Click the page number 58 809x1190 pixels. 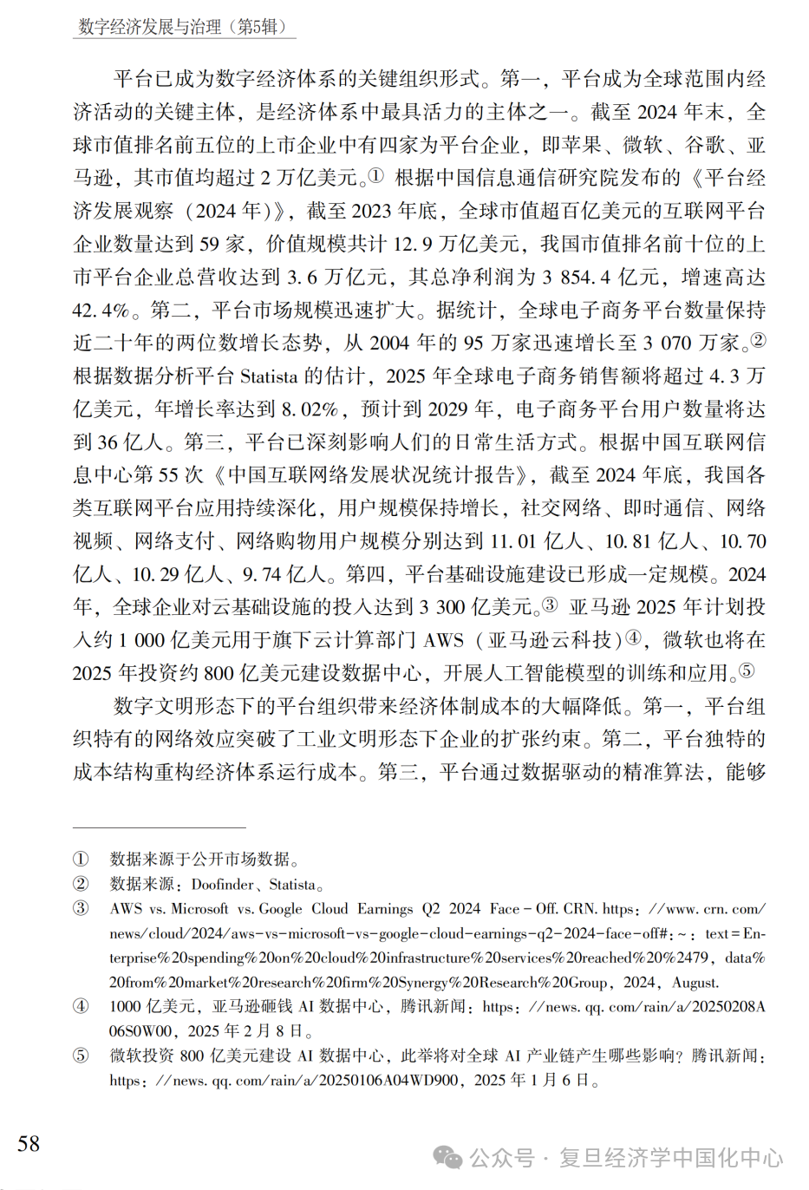[x=29, y=1143]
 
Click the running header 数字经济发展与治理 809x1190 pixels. [x=149, y=27]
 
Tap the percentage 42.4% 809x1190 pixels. [x=101, y=311]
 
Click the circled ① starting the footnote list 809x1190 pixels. [x=81, y=859]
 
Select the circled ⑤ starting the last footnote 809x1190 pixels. [x=81, y=1056]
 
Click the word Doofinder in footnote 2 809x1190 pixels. [x=223, y=885]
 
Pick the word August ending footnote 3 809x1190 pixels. [x=694, y=983]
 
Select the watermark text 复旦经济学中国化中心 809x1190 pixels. [x=670, y=1158]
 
